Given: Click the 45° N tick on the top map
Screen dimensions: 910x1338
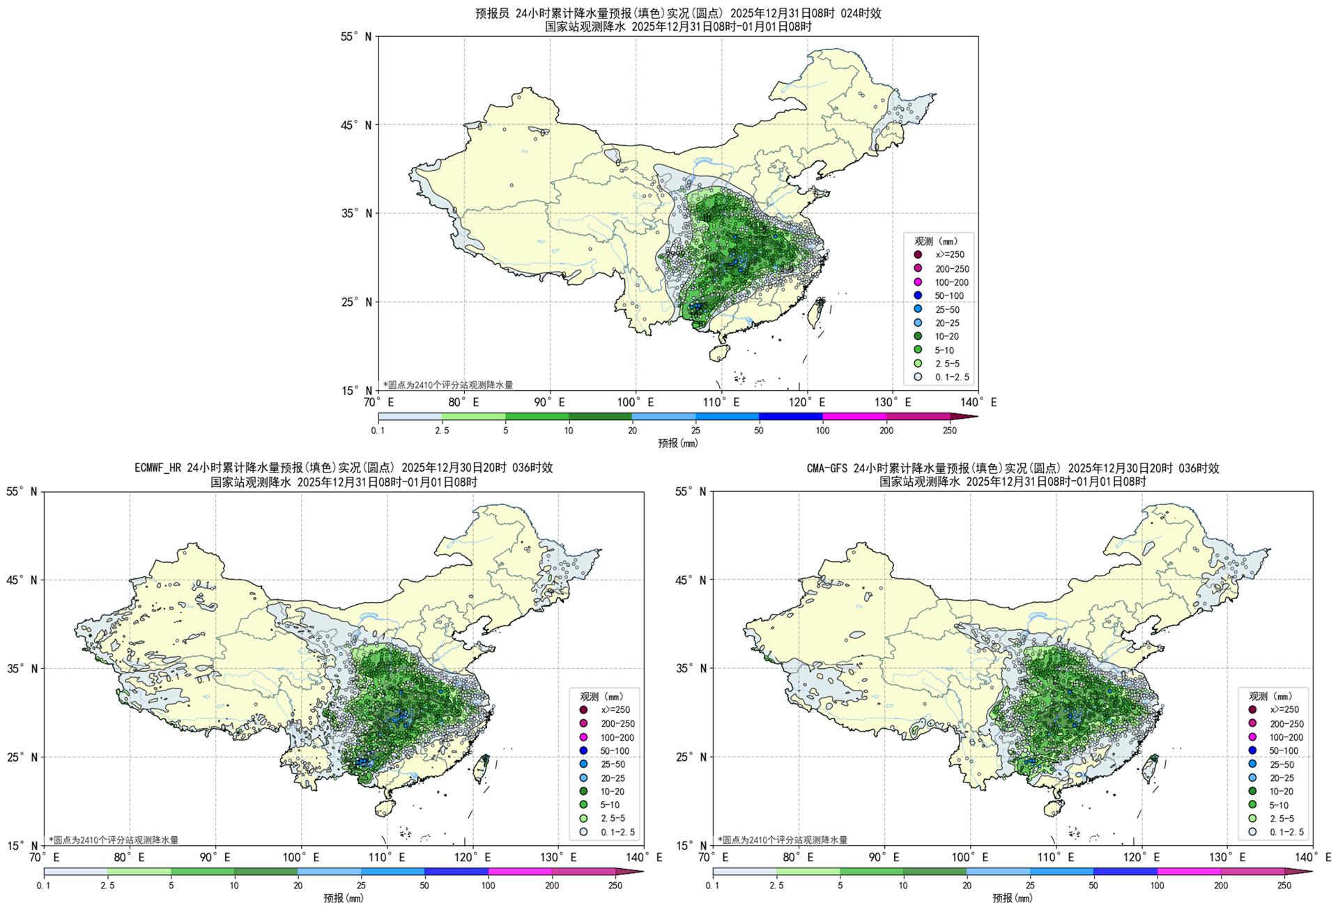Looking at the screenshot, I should pyautogui.click(x=358, y=125).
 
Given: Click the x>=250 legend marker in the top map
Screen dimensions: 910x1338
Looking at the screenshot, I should pyautogui.click(x=918, y=255).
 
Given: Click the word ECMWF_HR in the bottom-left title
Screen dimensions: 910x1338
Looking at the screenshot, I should pyautogui.click(x=159, y=468).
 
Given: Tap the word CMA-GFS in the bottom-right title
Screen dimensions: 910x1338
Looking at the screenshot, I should pyautogui.click(x=827, y=468).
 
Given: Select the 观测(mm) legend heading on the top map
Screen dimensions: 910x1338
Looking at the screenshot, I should pyautogui.click(x=935, y=241).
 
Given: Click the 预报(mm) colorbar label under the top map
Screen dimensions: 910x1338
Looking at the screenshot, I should pyautogui.click(x=677, y=443).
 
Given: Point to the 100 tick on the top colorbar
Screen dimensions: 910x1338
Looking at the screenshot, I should pyautogui.click(x=822, y=431).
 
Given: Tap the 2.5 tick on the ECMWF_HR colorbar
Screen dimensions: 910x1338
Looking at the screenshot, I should pyautogui.click(x=107, y=886).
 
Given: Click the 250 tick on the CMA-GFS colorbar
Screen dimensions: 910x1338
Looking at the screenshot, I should pyautogui.click(x=1284, y=886).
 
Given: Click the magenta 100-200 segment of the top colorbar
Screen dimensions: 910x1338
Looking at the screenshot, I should pyautogui.click(x=854, y=417).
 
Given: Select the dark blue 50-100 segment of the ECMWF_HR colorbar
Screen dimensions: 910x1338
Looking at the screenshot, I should pyautogui.click(x=456, y=872).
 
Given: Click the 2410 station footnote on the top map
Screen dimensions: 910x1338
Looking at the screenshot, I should pyautogui.click(x=448, y=385).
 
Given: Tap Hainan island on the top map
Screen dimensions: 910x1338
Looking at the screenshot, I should pyautogui.click(x=719, y=354).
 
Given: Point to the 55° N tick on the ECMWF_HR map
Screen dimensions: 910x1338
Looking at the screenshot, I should pyautogui.click(x=23, y=492).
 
